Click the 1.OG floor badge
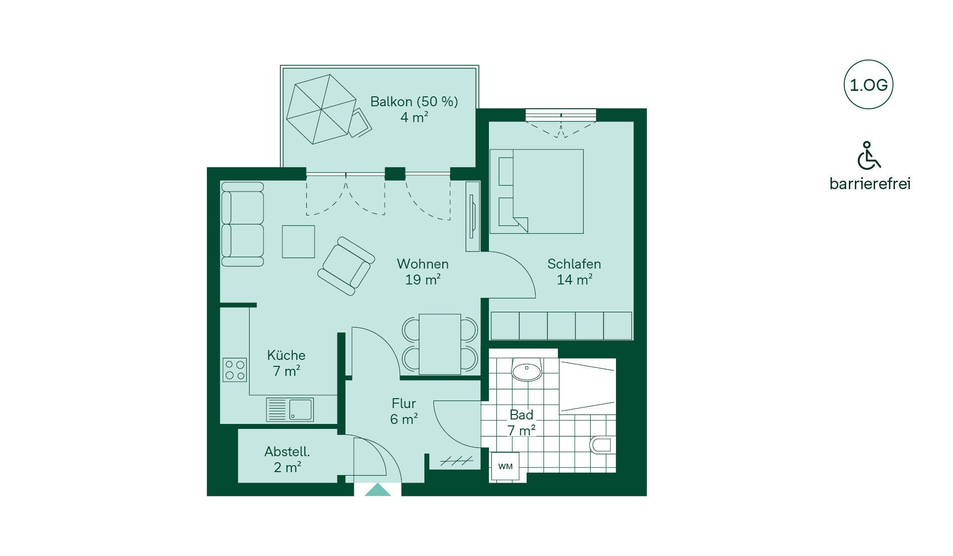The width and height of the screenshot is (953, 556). tap(868, 85)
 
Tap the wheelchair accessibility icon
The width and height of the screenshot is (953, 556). tap(869, 155)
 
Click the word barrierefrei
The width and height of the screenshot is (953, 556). tap(870, 184)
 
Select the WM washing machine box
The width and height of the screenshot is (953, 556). tap(505, 466)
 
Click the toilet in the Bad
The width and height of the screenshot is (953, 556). tap(602, 445)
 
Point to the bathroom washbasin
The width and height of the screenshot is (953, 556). tap(527, 370)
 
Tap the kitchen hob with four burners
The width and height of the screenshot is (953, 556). tap(235, 370)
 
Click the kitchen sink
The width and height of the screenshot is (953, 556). tap(290, 410)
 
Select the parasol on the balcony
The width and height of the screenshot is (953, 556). tap(321, 109)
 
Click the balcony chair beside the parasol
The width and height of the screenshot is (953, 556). tap(359, 123)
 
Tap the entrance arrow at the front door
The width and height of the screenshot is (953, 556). tap(378, 489)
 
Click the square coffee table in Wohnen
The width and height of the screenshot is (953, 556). tap(298, 242)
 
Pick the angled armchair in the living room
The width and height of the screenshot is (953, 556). tap(346, 266)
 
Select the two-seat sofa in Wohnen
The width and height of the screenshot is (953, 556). tap(242, 224)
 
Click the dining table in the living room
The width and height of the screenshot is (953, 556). tap(440, 344)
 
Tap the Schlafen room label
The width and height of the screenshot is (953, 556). tap(574, 272)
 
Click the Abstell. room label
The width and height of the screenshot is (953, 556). tap(287, 459)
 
